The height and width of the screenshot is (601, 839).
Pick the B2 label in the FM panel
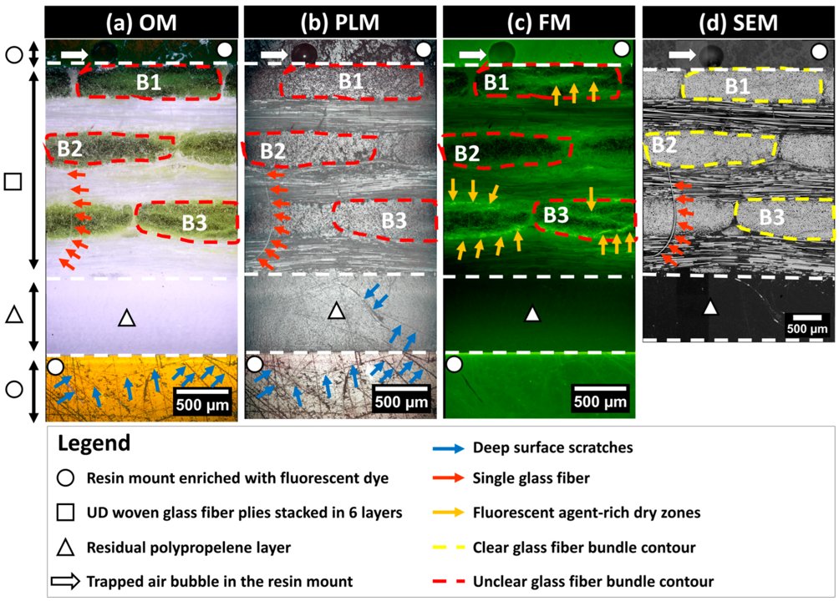coord(465,153)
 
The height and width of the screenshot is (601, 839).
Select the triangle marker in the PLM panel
coord(335,311)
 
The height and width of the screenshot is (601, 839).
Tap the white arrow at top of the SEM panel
coord(679,54)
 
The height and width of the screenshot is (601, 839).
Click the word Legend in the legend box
coord(94,443)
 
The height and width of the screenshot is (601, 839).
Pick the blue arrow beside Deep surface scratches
coord(438,447)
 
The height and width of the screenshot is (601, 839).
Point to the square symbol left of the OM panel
coord(13,181)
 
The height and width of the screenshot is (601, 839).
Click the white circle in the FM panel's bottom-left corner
coord(455,365)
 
